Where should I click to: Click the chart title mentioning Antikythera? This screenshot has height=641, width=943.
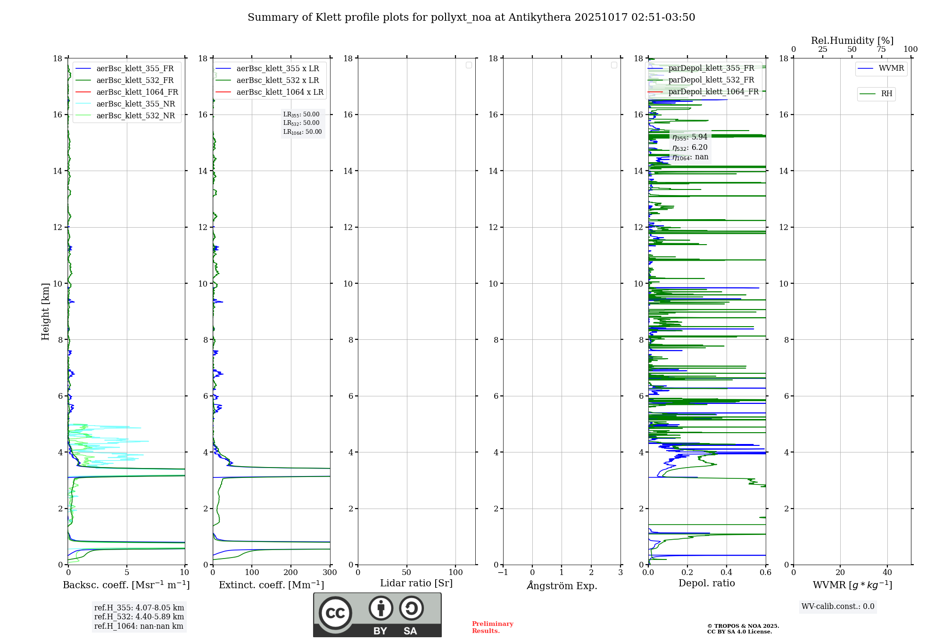click(471, 17)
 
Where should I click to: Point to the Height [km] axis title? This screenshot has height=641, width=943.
click(45, 312)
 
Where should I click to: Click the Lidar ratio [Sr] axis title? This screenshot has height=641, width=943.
click(416, 583)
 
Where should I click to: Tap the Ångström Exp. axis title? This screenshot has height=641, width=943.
click(562, 586)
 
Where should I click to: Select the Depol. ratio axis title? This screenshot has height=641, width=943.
click(706, 583)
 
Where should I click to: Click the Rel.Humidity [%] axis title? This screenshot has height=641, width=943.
click(852, 41)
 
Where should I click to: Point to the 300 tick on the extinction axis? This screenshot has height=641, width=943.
click(330, 573)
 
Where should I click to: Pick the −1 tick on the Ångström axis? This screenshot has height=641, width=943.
click(503, 573)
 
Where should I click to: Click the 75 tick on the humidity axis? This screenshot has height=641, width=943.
click(881, 49)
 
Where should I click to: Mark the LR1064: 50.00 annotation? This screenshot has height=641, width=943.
click(302, 132)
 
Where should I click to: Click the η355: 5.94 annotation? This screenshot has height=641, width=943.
click(690, 137)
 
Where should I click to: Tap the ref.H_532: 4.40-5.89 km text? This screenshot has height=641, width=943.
click(139, 617)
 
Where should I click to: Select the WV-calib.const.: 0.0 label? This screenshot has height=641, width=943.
click(838, 607)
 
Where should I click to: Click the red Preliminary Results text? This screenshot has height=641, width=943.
click(492, 627)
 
